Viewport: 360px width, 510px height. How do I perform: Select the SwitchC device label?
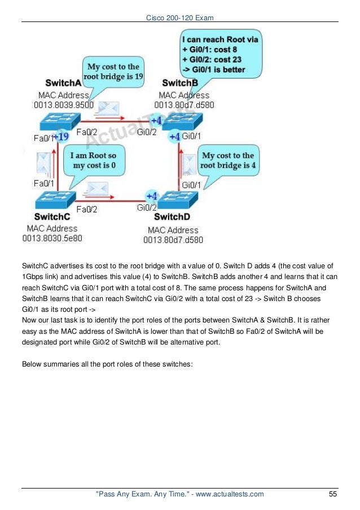click(52, 217)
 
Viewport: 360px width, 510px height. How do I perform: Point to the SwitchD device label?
click(172, 217)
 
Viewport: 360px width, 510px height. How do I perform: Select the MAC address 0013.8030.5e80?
click(52, 238)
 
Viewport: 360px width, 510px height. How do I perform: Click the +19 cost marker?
click(61, 136)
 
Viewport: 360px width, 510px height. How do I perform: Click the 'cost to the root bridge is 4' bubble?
click(227, 160)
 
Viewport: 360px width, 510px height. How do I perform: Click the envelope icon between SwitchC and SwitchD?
click(96, 188)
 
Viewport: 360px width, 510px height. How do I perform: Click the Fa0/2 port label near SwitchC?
click(86, 209)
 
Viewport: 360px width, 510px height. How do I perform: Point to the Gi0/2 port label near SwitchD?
click(147, 208)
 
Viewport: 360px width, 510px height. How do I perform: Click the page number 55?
click(332, 495)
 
